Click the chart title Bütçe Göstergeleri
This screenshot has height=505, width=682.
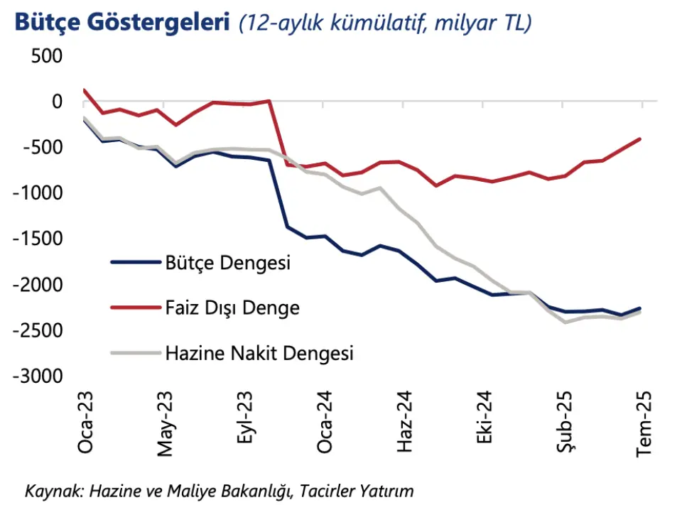click(121, 23)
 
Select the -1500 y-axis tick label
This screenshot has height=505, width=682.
click(36, 239)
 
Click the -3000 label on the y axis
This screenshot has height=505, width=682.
click(36, 376)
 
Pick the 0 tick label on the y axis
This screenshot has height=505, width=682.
click(56, 102)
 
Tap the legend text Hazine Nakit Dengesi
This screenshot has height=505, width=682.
click(259, 352)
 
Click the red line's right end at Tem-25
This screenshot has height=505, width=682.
click(642, 139)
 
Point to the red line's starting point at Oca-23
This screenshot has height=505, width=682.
click(85, 90)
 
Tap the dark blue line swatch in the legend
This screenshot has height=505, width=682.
click(134, 263)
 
